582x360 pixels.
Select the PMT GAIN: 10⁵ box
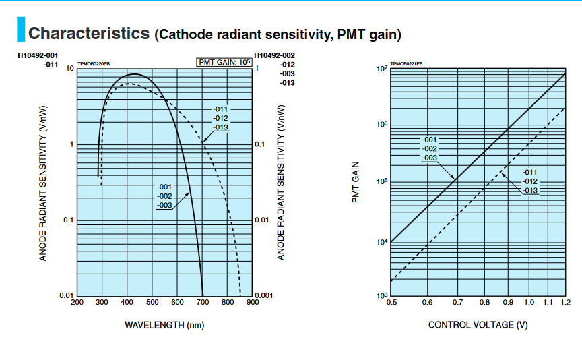point(224,63)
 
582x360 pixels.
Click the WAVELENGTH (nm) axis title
point(164,325)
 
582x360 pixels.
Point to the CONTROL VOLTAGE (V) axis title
point(478,325)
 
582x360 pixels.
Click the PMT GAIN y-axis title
point(356,182)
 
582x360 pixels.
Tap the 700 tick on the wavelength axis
point(202,303)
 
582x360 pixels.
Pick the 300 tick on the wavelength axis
point(102,303)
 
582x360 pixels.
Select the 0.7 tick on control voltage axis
point(456,303)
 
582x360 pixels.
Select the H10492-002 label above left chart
point(275,55)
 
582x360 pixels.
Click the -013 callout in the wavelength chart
point(220,127)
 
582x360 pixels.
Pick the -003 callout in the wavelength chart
point(165,205)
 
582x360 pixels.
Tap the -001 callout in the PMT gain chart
point(430,140)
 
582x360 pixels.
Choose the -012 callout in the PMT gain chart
point(530,181)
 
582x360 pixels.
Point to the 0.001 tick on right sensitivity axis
point(264,296)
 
